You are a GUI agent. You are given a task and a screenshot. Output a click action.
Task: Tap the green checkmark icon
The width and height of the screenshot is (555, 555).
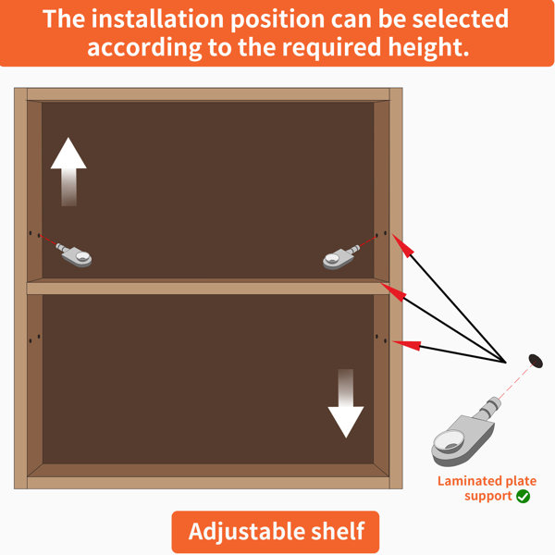pos(523,496)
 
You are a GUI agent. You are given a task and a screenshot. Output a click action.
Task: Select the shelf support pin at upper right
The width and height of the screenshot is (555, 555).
pos(340,258)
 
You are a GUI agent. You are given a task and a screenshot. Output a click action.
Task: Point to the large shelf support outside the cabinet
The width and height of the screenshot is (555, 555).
pos(463,435)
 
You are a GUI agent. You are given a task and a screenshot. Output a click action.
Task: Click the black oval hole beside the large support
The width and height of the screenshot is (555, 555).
pos(536,361)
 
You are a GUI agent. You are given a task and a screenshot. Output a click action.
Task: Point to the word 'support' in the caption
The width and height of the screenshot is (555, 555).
pos(488,496)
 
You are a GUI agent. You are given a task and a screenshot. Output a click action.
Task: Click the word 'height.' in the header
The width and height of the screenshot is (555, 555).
pos(428,47)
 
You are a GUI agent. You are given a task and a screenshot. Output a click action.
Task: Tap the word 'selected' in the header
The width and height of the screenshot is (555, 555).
pos(460,18)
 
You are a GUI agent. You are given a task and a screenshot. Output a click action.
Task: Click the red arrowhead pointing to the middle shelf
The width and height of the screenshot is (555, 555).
pos(394,292)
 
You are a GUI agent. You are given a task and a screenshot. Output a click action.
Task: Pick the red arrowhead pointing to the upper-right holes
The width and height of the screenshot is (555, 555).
pos(403,246)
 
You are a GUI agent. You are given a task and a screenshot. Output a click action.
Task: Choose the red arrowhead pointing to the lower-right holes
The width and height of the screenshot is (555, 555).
pos(407,345)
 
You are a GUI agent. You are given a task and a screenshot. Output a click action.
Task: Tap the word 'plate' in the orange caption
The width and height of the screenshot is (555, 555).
pos(521,481)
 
